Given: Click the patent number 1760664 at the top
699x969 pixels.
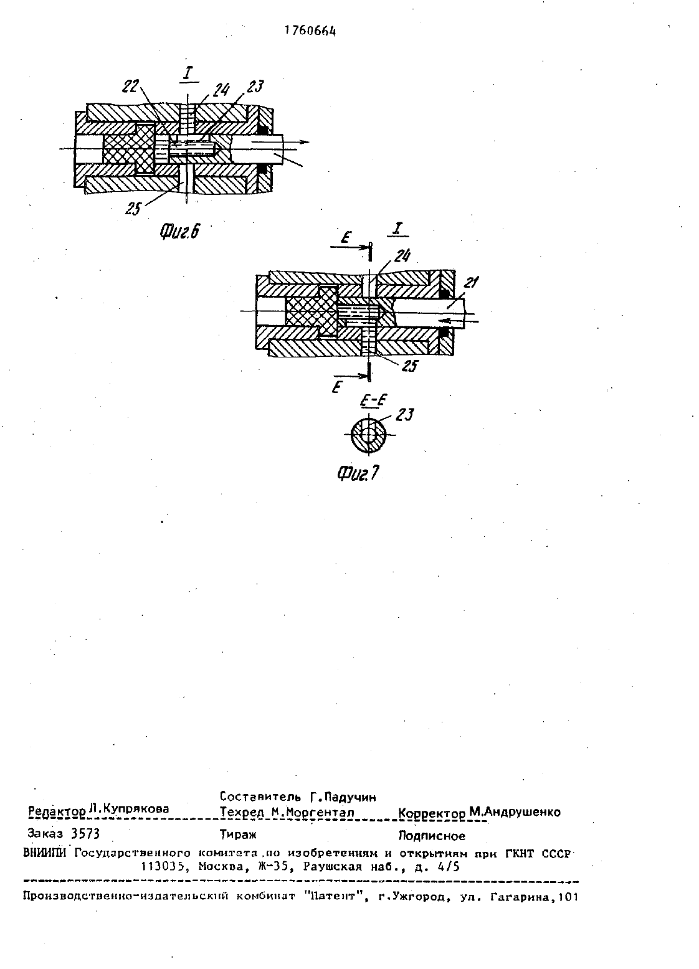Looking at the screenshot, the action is click(310, 31).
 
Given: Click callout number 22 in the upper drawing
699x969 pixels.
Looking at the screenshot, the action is click(130, 87).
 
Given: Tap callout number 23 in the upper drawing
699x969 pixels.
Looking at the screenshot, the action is click(255, 87).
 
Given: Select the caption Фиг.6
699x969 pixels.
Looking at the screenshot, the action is click(180, 232).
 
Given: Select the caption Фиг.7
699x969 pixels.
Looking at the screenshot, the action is click(358, 473).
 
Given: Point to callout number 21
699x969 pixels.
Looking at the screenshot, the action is click(470, 283).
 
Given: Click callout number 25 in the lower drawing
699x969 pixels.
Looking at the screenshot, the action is click(409, 366).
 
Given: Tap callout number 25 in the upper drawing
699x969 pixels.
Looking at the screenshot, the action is click(133, 209).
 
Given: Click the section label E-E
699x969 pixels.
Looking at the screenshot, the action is click(373, 402).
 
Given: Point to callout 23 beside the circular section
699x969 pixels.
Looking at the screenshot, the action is click(405, 415).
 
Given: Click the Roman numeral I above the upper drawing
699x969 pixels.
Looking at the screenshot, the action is click(188, 73).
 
